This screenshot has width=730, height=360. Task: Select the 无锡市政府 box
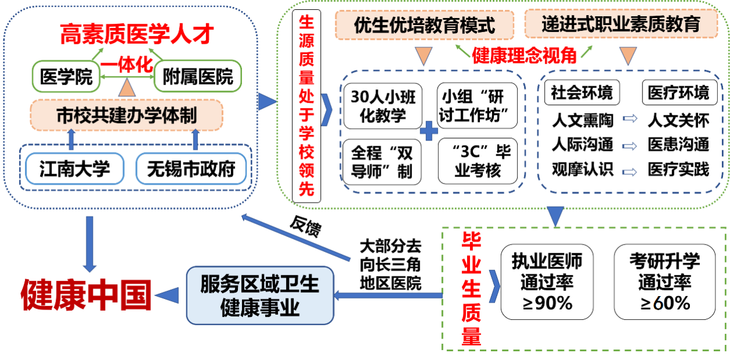coord(191,169)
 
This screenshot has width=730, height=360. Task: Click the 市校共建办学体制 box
coord(127,115)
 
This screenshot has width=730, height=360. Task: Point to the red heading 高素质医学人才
coord(137,34)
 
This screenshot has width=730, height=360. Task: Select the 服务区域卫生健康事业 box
coord(260,295)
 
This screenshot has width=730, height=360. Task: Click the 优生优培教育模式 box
coord(424,25)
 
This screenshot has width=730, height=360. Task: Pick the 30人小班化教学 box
coord(382,106)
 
